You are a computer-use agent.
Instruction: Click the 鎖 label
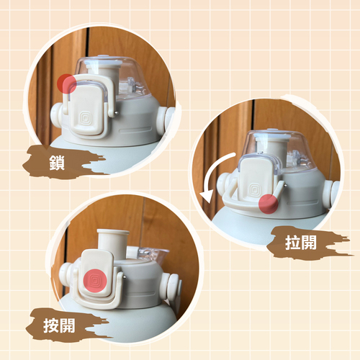57,163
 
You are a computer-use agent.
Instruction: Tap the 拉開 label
301,243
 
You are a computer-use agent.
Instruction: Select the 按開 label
59,325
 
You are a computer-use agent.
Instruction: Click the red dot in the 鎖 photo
67,84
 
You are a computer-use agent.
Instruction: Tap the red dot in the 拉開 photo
269,204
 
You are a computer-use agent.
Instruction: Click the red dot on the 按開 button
95,281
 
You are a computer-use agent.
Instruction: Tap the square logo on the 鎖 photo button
86,117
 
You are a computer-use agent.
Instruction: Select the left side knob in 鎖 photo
56,114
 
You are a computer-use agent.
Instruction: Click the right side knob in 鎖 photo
165,120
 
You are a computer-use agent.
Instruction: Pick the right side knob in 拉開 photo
330,193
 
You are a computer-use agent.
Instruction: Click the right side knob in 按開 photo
172,286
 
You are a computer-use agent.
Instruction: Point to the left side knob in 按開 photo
66,274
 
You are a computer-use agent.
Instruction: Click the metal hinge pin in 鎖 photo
117,112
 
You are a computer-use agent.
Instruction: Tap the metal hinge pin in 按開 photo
125,277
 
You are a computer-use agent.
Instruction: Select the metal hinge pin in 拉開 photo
285,184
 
